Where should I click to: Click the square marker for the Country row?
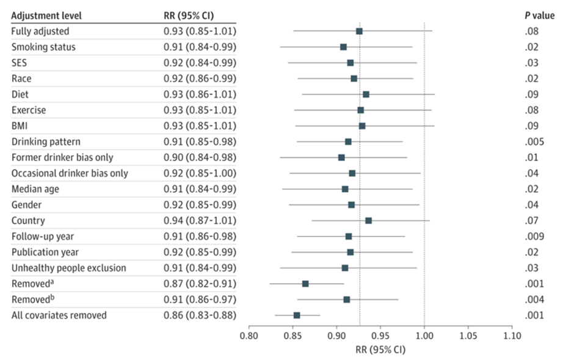pyautogui.click(x=368, y=221)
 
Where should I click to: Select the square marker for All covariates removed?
pyautogui.click(x=297, y=315)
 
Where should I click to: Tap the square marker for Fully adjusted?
pyautogui.click(x=359, y=31)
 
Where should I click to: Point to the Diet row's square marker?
pyautogui.click(x=366, y=95)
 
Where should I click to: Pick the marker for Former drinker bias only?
pyautogui.click(x=341, y=157)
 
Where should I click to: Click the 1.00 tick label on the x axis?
pyautogui.click(x=424, y=336)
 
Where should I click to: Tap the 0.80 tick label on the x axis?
pyautogui.click(x=249, y=336)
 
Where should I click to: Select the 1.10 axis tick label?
pyautogui.click(x=512, y=336)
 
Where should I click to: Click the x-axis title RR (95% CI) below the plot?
pyautogui.click(x=380, y=350)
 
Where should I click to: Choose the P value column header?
pyautogui.click(x=540, y=15)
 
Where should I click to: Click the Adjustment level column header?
pyautogui.click(x=46, y=16)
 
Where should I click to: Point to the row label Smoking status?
pyautogui.click(x=43, y=47)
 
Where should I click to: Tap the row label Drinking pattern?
pyautogui.click(x=46, y=142)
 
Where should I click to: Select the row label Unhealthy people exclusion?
pyautogui.click(x=69, y=268)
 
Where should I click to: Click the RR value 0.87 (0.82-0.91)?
pyautogui.click(x=200, y=284)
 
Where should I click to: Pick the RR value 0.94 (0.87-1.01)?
pyautogui.click(x=200, y=221)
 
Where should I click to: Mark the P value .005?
pyautogui.click(x=534, y=142)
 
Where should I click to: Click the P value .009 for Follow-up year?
pyautogui.click(x=534, y=236)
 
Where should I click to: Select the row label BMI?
pyautogui.click(x=20, y=126)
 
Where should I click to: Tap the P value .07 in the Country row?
pyautogui.click(x=531, y=221)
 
